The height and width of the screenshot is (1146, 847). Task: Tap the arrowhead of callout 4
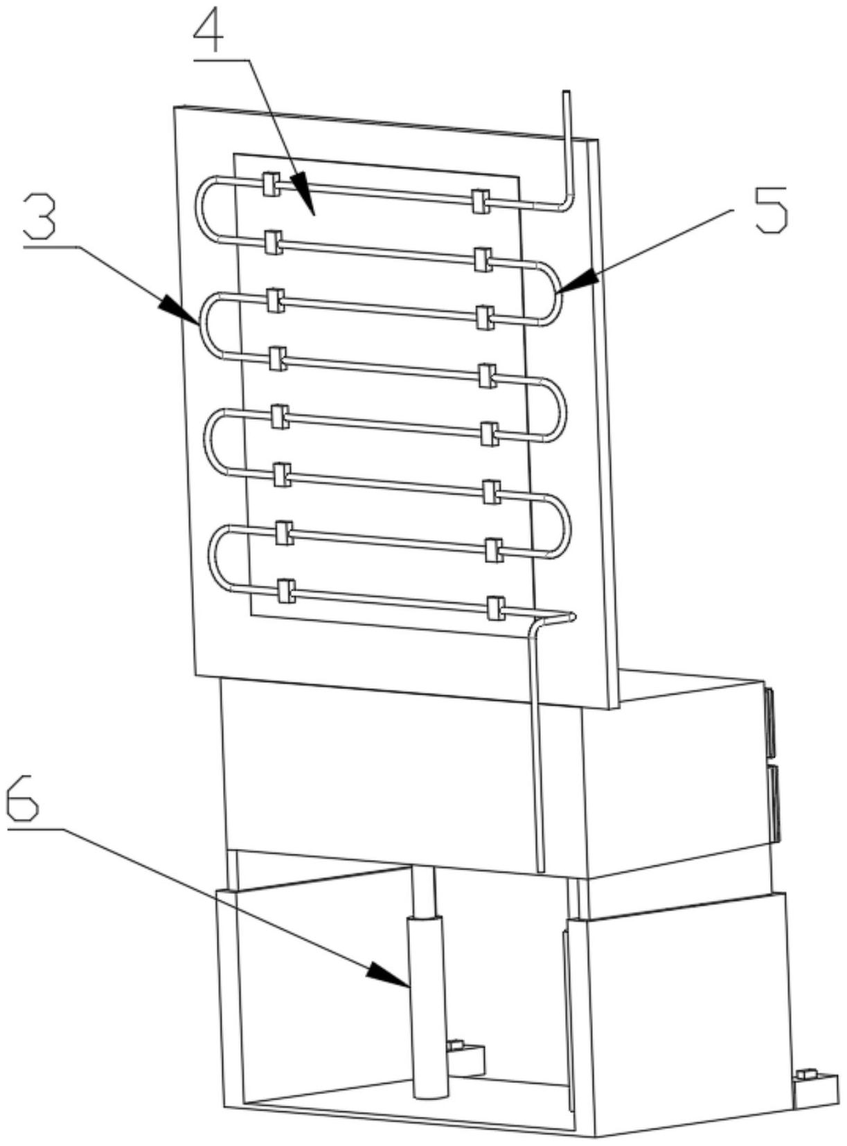pyautogui.click(x=303, y=188)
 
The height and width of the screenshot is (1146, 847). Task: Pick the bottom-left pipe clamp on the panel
pyautogui.click(x=285, y=591)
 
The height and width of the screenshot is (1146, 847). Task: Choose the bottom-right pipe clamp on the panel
pyautogui.click(x=495, y=607)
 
